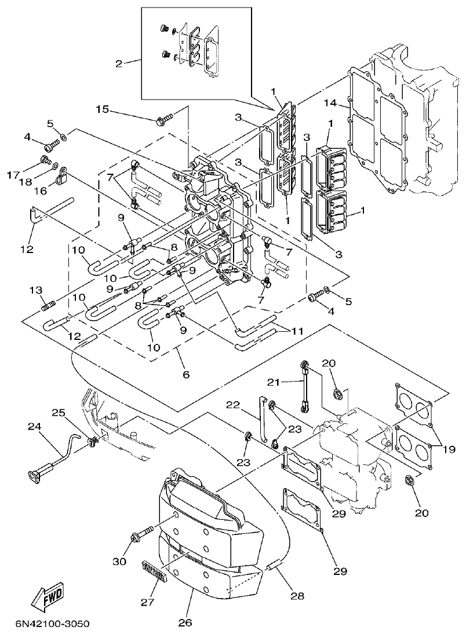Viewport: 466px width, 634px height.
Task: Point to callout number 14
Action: click(x=330, y=103)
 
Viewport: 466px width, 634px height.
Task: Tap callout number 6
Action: click(x=185, y=375)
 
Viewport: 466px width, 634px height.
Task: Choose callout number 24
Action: click(x=34, y=427)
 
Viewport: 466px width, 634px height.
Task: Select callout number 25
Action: click(x=59, y=412)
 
